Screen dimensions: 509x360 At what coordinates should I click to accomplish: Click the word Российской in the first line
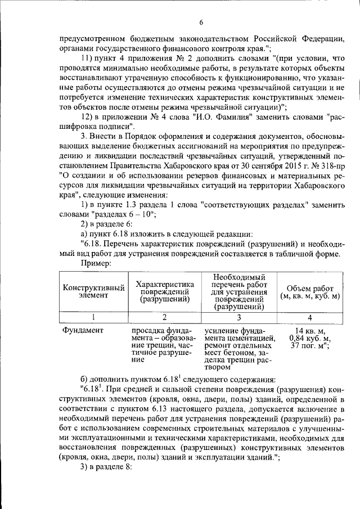click(255, 39)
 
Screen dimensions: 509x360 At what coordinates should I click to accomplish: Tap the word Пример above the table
click(96, 262)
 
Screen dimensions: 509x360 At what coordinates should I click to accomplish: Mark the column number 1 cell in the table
click(93, 317)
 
